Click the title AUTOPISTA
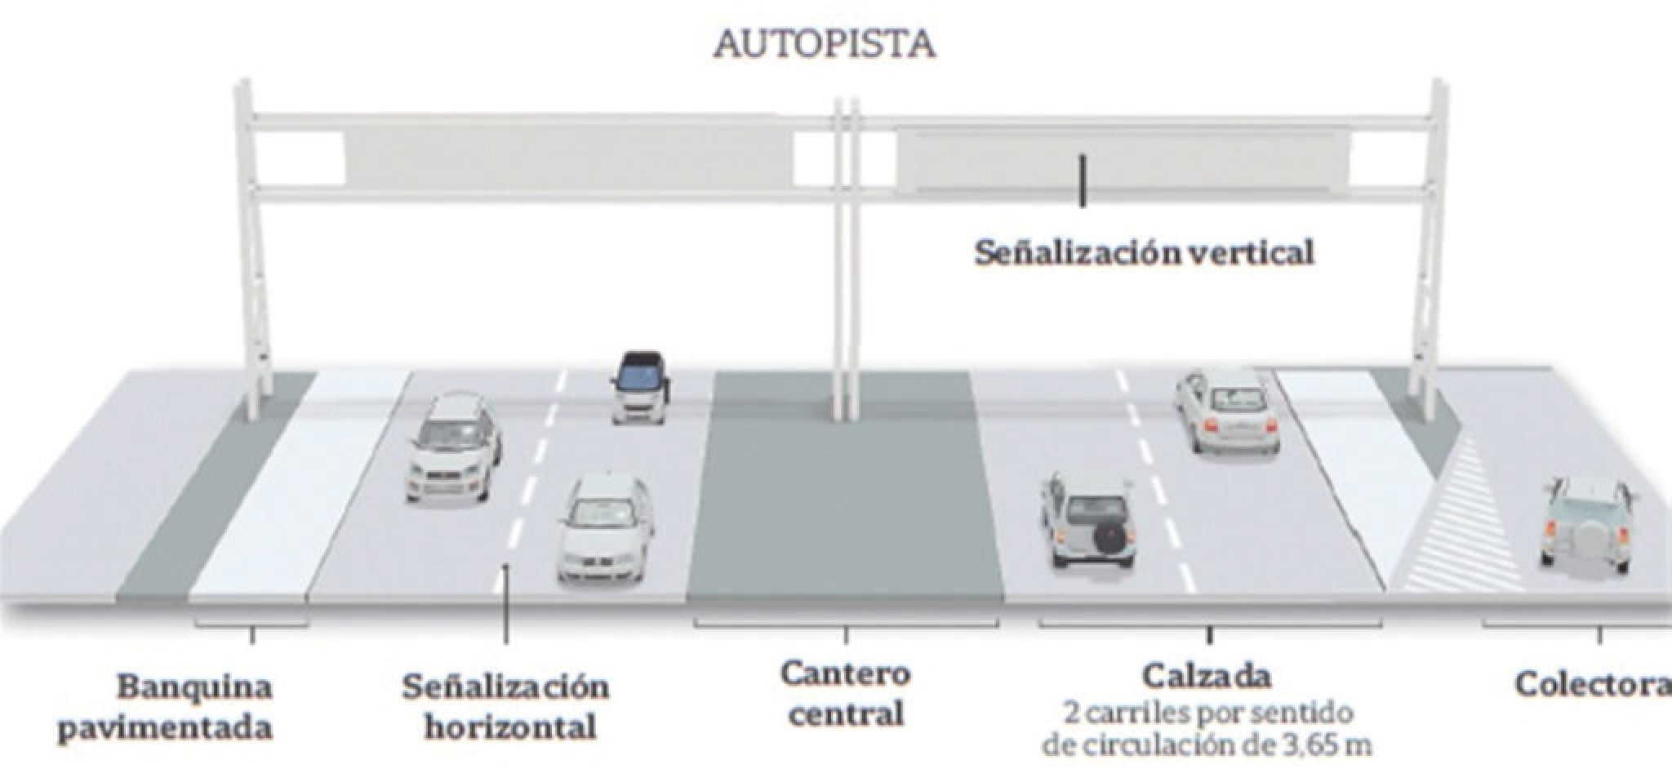point(824,45)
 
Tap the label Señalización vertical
point(1144,253)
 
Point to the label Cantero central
point(846,694)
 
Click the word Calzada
point(1207,677)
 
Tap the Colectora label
point(1592,684)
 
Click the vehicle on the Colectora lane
point(1584,522)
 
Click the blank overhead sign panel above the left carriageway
point(569,158)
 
